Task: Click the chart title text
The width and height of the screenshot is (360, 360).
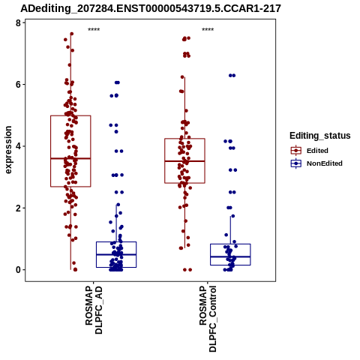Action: tap(151, 8)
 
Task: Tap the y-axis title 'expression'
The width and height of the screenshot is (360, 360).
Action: tap(8, 150)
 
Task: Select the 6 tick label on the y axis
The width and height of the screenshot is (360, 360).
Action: tap(18, 85)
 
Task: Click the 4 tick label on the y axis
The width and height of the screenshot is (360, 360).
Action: tap(18, 146)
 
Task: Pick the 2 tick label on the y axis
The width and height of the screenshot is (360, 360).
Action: tap(18, 208)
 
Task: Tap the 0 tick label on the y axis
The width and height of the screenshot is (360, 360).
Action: tap(18, 270)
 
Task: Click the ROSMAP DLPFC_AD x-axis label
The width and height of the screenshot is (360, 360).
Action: tap(94, 310)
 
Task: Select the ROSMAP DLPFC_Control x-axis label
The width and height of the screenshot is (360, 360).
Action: tap(208, 319)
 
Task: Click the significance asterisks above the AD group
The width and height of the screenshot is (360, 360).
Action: tap(94, 30)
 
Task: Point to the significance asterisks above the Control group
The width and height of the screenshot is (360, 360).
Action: tap(208, 30)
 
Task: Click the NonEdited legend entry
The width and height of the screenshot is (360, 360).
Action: tap(316, 163)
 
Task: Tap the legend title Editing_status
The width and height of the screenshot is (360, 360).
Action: tap(320, 136)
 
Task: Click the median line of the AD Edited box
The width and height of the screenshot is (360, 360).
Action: tap(70, 158)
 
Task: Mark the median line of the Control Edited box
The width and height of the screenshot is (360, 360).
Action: tap(184, 161)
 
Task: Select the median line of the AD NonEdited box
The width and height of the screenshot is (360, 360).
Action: tap(116, 254)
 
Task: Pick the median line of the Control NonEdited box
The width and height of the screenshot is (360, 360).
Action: tap(230, 256)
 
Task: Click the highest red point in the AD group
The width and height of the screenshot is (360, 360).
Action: tap(71, 34)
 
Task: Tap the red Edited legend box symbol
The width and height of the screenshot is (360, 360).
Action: tap(296, 151)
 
